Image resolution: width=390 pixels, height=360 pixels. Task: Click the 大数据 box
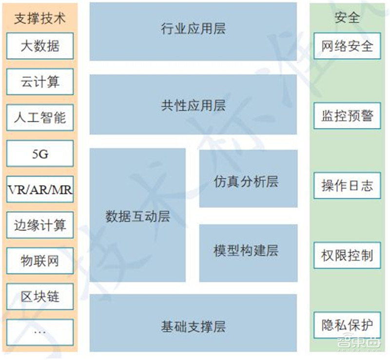40,46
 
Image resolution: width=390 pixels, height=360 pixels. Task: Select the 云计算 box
40,82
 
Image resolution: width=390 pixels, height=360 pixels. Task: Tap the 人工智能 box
40,118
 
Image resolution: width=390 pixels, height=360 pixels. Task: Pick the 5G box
40,154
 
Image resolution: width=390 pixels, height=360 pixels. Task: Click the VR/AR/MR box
40,189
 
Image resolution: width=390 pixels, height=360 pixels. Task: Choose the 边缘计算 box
40,225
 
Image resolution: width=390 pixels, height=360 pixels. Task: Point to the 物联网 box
40,261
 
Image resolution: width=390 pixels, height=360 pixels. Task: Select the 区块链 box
40,296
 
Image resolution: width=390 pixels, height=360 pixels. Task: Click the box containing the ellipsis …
40,332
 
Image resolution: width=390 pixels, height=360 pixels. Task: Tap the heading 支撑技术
40,18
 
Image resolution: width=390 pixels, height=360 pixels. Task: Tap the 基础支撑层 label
193,325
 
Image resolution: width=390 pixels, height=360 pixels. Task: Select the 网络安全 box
347,46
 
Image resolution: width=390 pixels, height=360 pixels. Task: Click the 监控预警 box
347,116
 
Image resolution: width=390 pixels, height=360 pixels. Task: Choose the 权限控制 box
347,255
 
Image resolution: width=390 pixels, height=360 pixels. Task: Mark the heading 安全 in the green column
347,18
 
